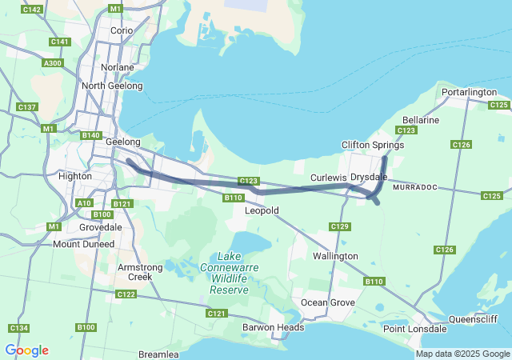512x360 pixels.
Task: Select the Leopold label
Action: pos(262,210)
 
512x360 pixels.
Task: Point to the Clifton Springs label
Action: pos(373,145)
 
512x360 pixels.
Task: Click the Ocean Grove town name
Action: pos(327,302)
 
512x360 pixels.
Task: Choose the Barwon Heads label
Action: pos(274,327)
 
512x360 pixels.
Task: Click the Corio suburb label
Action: pos(122,30)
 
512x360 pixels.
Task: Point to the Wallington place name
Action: pos(335,256)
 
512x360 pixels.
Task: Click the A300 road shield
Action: pos(53,63)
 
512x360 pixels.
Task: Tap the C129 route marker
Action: pos(340,227)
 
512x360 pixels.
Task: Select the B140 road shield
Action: pos(90,135)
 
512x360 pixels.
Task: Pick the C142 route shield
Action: pos(32,10)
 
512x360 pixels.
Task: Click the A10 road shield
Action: pos(84,203)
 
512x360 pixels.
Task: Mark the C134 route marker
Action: pos(18,329)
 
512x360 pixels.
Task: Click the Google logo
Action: pos(26,350)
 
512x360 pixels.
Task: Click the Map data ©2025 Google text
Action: pos(462,354)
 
